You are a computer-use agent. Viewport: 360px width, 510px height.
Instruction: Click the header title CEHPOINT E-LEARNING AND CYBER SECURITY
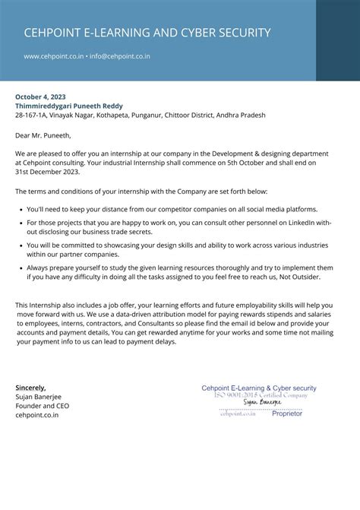[147, 33]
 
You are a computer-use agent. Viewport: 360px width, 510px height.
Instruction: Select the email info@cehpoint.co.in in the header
[120, 56]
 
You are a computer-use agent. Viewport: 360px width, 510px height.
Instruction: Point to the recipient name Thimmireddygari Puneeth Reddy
[68, 106]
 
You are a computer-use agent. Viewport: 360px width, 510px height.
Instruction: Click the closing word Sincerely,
[30, 388]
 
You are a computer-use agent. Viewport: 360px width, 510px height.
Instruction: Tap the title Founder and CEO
[43, 406]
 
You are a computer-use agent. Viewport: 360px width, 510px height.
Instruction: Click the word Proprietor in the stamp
[286, 413]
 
